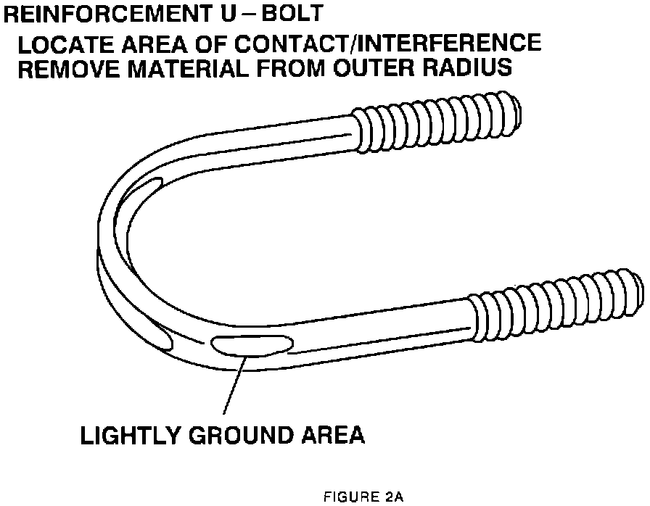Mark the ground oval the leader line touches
point(250,346)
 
